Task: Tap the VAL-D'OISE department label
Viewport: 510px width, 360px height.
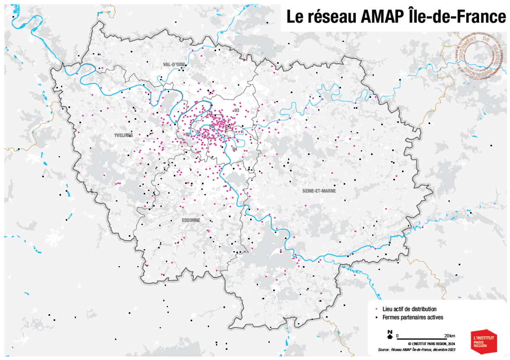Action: [x=174, y=64]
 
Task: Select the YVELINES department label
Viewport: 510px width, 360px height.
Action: [x=124, y=135]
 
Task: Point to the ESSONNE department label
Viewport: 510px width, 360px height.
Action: [x=191, y=220]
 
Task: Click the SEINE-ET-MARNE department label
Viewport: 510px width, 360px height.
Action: [x=319, y=191]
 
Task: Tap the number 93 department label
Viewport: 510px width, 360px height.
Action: [x=236, y=111]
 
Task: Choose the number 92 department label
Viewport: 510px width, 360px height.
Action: [x=187, y=134]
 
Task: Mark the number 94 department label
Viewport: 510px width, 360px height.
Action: [x=235, y=150]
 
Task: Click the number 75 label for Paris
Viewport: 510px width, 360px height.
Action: [x=211, y=126]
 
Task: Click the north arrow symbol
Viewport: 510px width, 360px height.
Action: [x=389, y=335]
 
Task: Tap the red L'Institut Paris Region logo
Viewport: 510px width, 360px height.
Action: [x=484, y=340]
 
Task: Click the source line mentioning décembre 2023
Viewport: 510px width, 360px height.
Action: [x=416, y=350]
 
